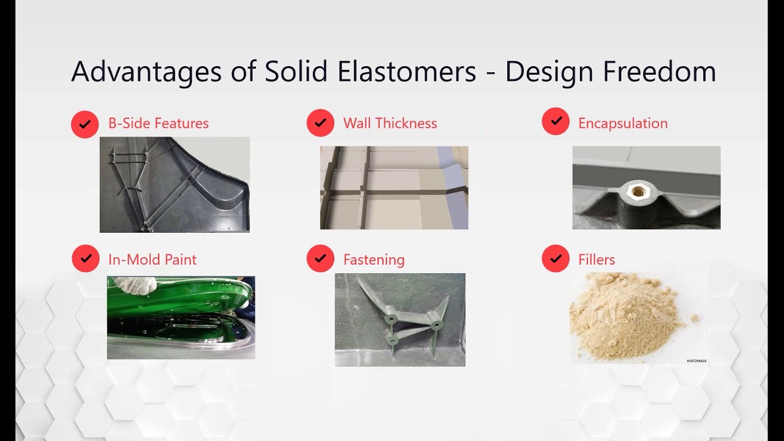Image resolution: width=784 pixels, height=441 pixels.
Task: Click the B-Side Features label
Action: (158, 123)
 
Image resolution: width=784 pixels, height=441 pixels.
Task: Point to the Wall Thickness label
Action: (390, 123)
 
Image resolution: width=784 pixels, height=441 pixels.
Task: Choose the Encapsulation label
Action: (622, 123)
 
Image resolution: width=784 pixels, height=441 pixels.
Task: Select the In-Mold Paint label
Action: (152, 260)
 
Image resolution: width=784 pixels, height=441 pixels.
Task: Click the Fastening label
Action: (374, 260)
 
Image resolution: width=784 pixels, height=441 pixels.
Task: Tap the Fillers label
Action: (596, 260)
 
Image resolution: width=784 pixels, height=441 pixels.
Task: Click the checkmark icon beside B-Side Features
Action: (85, 124)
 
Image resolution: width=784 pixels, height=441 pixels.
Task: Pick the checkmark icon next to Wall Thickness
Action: (320, 123)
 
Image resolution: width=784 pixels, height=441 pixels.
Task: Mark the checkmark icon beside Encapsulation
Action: (556, 122)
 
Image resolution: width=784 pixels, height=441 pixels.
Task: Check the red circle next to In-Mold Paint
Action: (85, 258)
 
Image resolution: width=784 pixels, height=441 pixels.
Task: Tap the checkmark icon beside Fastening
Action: (320, 258)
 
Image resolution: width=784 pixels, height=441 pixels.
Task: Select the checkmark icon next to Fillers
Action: (556, 258)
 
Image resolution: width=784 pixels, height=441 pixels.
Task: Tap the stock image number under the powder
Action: (696, 361)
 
